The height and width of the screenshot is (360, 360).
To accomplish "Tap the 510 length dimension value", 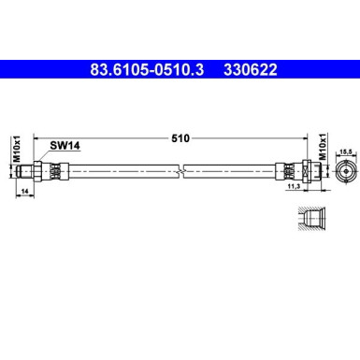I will click(x=180, y=137).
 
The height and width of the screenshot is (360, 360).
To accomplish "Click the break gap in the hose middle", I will click(x=185, y=171).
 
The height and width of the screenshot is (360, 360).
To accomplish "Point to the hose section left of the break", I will click(x=122, y=171).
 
